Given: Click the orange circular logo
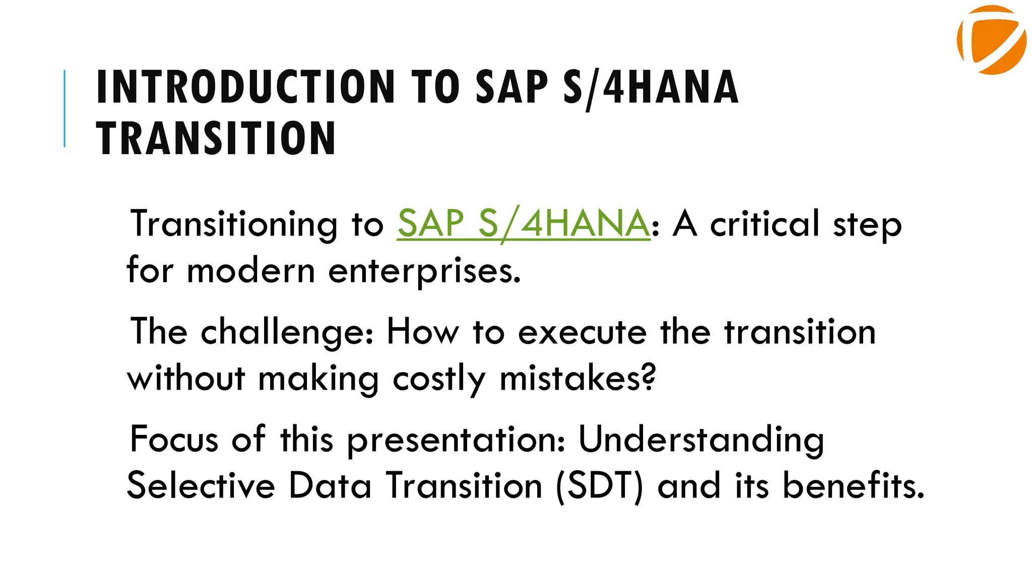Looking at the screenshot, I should coord(991,40).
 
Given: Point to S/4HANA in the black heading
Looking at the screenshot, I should coord(651,87).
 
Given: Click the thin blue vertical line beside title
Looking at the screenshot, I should coord(64,108).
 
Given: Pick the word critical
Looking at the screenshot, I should coord(764,224).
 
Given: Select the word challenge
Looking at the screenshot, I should coord(287,333).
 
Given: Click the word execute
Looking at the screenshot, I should coord(582,333).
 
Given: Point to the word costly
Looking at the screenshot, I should coord(439,379).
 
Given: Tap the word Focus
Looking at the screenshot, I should coord(174,439).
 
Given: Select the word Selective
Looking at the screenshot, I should coord(201,485).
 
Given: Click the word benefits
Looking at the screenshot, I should coord(853,485).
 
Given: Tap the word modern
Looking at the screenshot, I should coord(250,271).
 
